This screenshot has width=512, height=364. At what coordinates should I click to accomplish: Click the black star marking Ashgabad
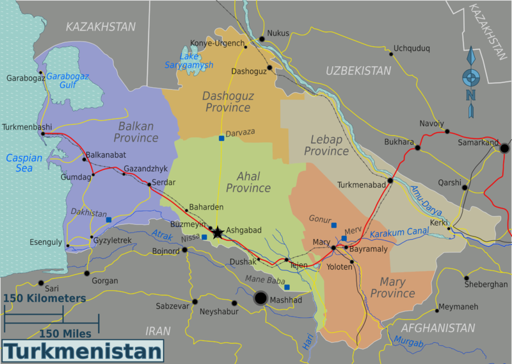[218, 233]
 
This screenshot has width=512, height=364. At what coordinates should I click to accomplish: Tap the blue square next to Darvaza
[221, 138]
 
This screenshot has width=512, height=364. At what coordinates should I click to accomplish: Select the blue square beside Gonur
[333, 225]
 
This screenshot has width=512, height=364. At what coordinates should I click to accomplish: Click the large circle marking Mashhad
[260, 298]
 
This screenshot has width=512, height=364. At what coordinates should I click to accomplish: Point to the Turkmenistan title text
[83, 352]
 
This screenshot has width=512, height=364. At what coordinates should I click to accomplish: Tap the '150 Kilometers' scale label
[44, 299]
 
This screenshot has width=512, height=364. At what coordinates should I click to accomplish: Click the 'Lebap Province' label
[326, 145]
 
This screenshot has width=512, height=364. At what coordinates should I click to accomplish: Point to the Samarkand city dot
[504, 148]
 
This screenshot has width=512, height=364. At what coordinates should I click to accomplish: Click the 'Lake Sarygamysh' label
[189, 60]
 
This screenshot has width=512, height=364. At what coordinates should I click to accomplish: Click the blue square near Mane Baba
[287, 287]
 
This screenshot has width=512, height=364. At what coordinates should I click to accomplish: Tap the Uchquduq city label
[412, 48]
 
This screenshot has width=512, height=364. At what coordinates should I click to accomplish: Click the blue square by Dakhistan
[108, 220]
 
